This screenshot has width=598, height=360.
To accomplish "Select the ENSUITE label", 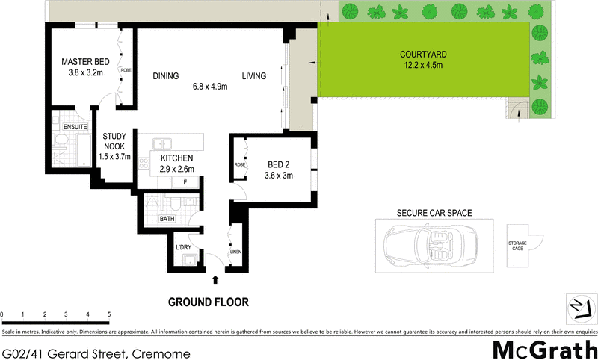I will (75, 128).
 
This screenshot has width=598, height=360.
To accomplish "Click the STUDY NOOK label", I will (115, 142).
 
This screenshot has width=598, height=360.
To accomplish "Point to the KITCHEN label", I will (176, 158).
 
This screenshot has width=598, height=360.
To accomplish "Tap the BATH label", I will (167, 219).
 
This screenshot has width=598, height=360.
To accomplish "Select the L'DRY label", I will (183, 247).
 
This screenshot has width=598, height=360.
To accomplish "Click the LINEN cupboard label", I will (235, 252).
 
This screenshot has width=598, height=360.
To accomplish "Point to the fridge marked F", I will (185, 181).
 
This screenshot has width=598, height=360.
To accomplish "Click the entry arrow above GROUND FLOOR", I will (217, 280).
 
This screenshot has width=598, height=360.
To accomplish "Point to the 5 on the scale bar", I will (109, 314).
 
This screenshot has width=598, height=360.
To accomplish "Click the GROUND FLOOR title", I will (208, 302).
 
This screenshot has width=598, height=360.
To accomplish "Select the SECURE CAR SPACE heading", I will (434, 214).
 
